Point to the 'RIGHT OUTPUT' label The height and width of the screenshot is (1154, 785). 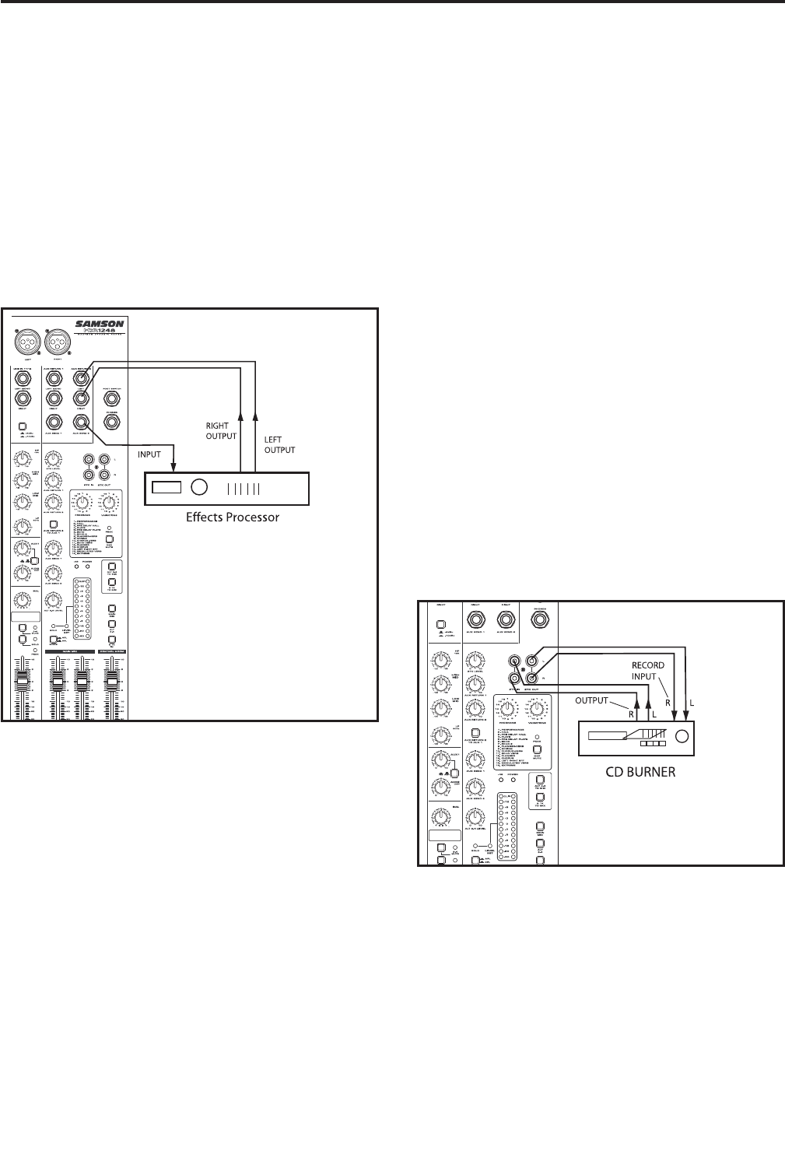221,431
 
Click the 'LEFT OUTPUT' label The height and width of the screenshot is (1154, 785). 280,444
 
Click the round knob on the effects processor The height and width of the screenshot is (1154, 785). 199,488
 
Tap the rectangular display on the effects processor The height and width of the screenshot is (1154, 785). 166,488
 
